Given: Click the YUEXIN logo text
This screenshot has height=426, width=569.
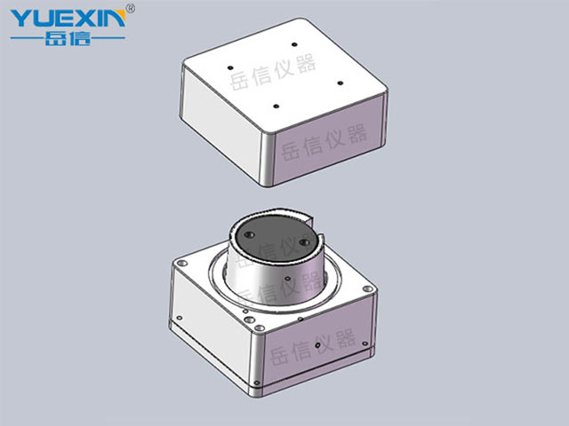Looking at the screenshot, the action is (68, 18).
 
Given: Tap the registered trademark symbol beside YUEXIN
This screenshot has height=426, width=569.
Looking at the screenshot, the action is (131, 8).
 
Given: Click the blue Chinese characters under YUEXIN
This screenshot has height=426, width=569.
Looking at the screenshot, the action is (68, 38).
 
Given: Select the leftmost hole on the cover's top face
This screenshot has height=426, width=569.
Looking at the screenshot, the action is (229, 67).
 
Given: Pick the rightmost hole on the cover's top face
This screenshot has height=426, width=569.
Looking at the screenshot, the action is (340, 83).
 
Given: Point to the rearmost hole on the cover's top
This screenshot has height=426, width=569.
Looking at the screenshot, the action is (294, 44).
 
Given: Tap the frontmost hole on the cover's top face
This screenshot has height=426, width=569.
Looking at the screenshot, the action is (276, 106).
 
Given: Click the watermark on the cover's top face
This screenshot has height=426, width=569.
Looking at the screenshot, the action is (273, 71).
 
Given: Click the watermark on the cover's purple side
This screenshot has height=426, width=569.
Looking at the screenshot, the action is (324, 142).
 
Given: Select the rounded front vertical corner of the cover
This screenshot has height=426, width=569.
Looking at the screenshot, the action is (266, 160).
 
